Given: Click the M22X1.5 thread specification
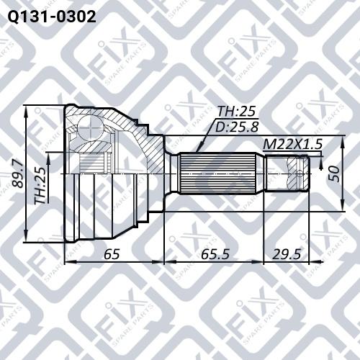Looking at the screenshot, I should pyautogui.click(x=291, y=145).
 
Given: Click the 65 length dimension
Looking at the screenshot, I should pyautogui.click(x=111, y=253).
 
